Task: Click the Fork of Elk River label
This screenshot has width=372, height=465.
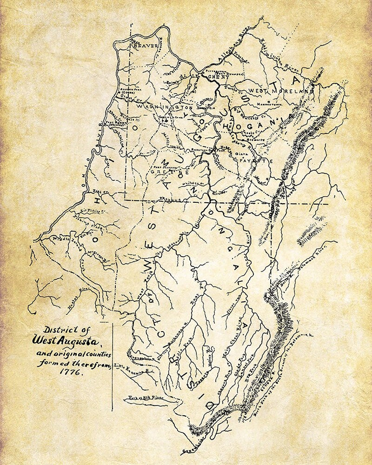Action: point(141,398)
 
